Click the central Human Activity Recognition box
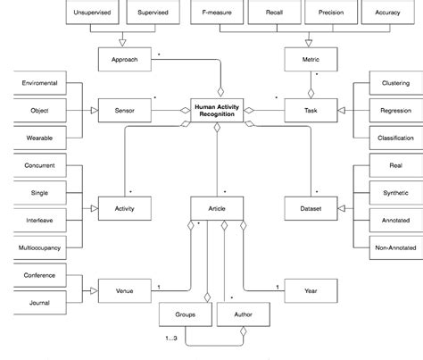tap(216, 110)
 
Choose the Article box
tap(216, 208)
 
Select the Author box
tap(241, 314)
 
